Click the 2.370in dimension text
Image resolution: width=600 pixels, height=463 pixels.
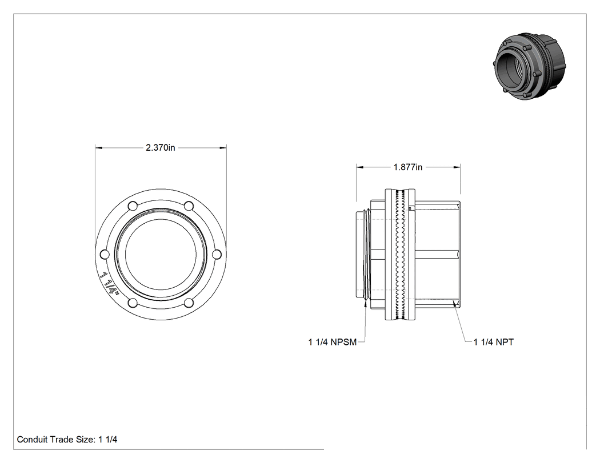pos(161,148)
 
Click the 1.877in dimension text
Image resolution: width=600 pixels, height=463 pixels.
pos(408,167)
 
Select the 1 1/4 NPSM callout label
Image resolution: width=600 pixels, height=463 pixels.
pos(333,342)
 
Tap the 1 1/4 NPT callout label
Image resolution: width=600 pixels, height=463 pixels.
pos(494,342)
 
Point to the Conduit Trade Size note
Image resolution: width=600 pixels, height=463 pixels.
pos(67,439)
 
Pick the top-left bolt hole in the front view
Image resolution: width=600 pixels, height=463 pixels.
pos(133,206)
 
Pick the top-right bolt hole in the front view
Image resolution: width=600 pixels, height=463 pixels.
pos(189,206)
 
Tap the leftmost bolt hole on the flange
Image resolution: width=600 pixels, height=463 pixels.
pos(105,254)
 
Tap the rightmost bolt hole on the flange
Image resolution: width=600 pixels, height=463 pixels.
pos(217,254)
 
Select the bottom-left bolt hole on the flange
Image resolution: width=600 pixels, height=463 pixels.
pos(133,303)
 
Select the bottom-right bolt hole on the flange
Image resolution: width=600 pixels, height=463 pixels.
pos(189,303)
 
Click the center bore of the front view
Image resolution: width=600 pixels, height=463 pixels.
pos(161,254)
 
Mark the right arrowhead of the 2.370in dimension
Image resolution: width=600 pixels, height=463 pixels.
pos(223,148)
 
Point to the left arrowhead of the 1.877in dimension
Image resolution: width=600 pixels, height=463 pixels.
pos(360,167)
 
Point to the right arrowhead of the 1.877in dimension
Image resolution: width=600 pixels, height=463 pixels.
pos(457,167)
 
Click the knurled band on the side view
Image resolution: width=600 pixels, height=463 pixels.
pos(401,254)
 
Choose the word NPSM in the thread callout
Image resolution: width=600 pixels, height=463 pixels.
pos(343,342)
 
